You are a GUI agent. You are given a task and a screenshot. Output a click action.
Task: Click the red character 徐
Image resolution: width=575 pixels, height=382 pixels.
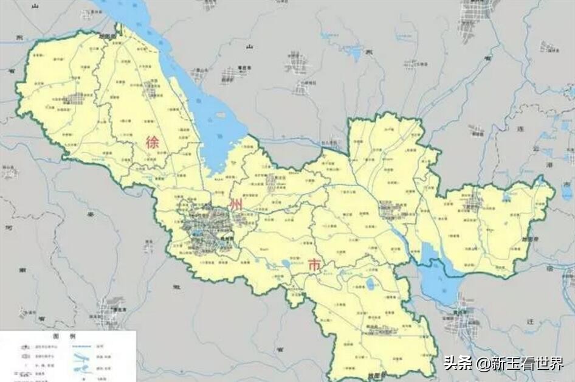click(x=152, y=142)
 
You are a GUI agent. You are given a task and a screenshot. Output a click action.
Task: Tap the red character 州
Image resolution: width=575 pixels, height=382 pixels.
click(x=236, y=204)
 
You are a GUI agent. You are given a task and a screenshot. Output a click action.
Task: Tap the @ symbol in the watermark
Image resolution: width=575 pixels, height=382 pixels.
click(x=482, y=364)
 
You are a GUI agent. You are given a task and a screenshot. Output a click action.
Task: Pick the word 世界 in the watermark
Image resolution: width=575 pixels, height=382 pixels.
click(x=550, y=363)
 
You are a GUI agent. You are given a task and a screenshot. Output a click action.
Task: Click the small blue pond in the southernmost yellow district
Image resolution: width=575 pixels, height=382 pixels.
click(x=370, y=284)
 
